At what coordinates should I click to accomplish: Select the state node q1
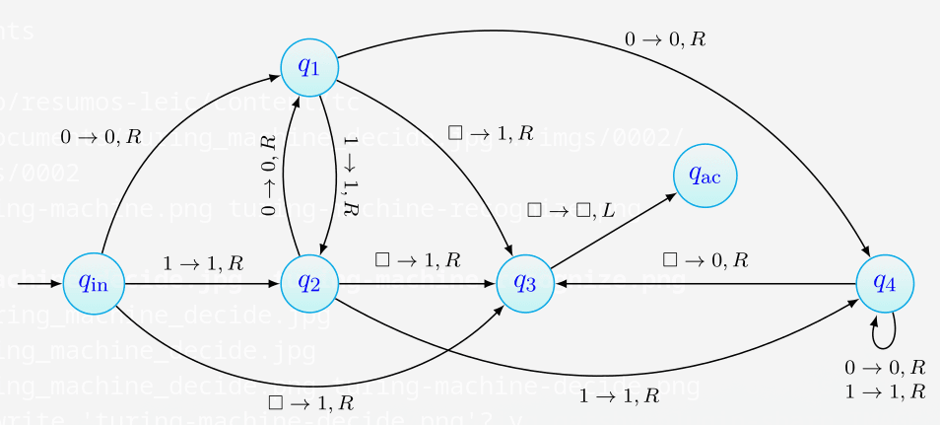click(309, 67)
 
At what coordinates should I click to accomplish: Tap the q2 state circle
click(309, 283)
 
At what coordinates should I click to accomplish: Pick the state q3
click(524, 283)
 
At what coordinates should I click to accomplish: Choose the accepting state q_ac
click(705, 177)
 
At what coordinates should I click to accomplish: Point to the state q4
click(885, 283)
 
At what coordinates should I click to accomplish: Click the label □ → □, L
click(571, 209)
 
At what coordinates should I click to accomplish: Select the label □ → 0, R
click(705, 260)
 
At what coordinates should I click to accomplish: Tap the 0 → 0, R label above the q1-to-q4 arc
click(665, 39)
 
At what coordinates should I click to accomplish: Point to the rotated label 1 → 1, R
click(350, 176)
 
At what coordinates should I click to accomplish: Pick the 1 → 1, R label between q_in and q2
click(203, 263)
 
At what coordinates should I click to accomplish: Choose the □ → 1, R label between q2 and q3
click(418, 260)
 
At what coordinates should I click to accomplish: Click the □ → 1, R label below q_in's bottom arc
click(310, 401)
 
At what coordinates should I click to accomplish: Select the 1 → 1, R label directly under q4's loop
click(885, 390)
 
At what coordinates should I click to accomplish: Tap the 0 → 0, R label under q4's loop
click(885, 367)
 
